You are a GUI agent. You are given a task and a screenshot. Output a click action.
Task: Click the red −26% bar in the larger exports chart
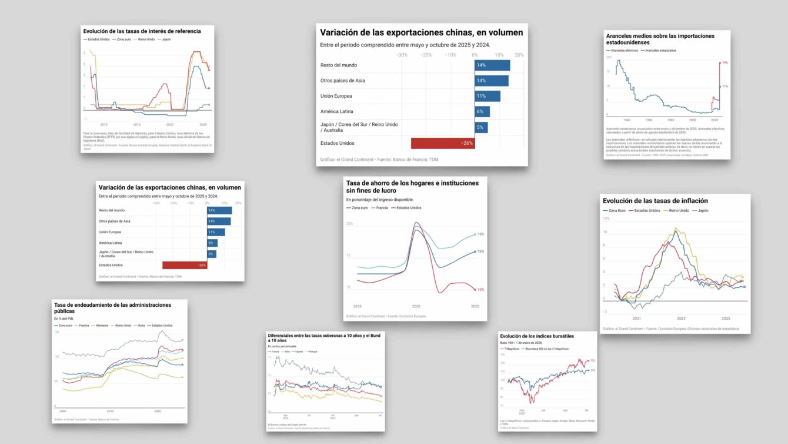(x=442, y=143)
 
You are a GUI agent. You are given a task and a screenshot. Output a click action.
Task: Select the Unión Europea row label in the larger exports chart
(x=337, y=96)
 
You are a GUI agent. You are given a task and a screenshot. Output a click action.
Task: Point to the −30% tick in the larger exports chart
(x=402, y=55)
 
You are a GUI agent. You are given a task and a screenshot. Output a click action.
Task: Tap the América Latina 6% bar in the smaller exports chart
(x=212, y=243)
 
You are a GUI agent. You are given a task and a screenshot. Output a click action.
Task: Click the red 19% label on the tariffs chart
(x=725, y=62)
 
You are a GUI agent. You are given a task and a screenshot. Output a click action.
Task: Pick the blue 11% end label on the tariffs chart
(x=725, y=87)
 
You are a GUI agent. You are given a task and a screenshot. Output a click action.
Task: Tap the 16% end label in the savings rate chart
(x=480, y=251)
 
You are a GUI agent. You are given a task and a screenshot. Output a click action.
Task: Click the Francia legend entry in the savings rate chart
(x=378, y=208)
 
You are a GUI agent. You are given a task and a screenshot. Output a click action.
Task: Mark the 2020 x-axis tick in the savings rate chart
(x=416, y=307)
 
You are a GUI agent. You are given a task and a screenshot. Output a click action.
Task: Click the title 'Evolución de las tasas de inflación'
(x=655, y=201)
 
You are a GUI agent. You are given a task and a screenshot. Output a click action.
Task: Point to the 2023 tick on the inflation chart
(x=681, y=318)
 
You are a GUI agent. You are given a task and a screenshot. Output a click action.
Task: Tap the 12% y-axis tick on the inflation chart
(x=605, y=218)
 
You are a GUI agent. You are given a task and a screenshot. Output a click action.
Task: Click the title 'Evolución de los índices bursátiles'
(x=537, y=336)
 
